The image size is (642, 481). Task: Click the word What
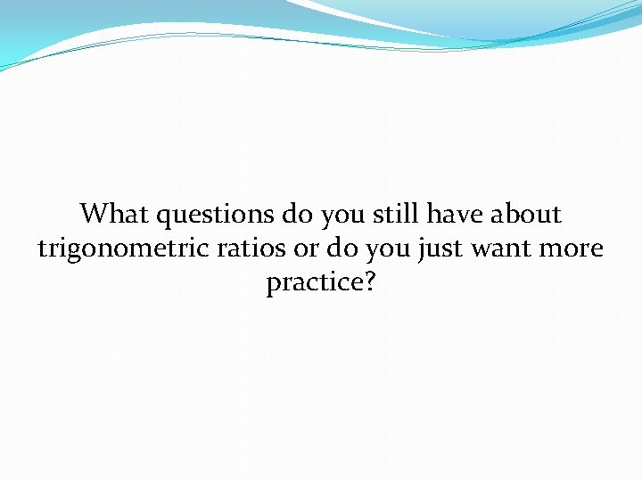pyautogui.click(x=115, y=214)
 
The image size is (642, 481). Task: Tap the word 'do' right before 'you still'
pyautogui.click(x=294, y=214)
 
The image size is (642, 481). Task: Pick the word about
pyautogui.click(x=528, y=214)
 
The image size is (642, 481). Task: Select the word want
pyautogui.click(x=514, y=249)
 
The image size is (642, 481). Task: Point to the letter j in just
pyautogui.click(x=422, y=251)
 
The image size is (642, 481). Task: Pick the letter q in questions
pyautogui.click(x=163, y=217)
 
